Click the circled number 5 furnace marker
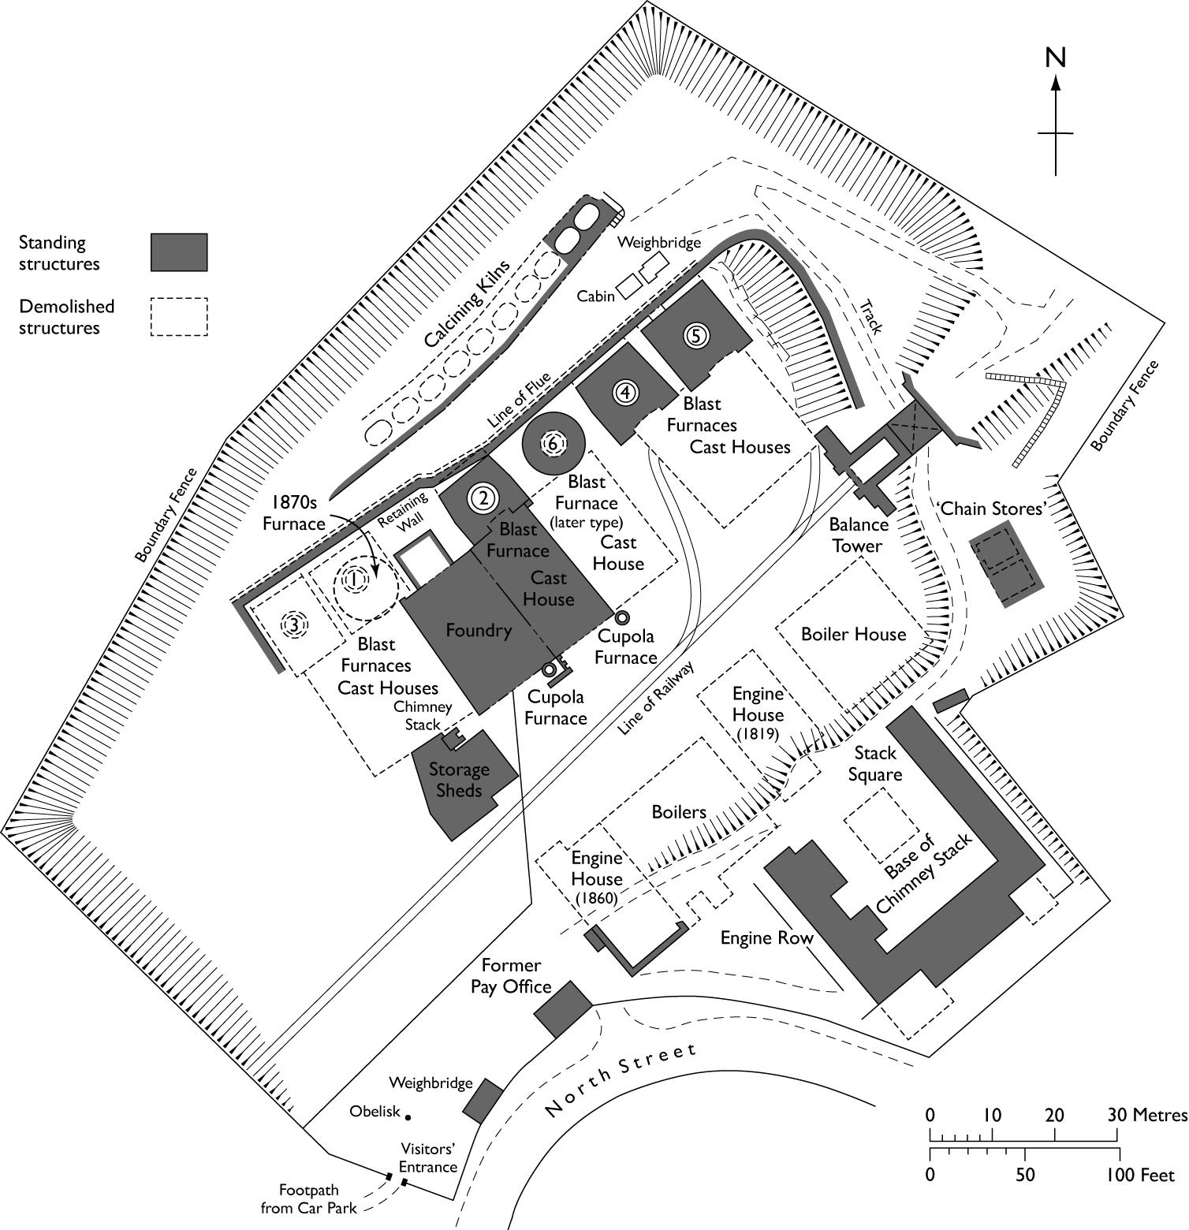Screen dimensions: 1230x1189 pos(695,335)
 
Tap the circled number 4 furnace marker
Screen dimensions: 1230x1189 pos(625,392)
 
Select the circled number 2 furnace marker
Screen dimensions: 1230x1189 pos(483,498)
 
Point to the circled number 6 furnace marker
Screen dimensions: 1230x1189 pos(553,444)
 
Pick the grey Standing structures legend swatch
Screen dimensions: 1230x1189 pos(179,252)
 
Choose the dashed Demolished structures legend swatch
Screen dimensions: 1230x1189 pos(179,317)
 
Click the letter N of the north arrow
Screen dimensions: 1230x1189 pos(1055,58)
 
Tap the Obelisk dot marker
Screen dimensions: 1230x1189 pos(408,1115)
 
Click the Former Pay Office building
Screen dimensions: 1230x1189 pos(562,1009)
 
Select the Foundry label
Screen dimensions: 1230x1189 pos(479,630)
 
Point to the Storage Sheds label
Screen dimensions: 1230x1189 pos(459,779)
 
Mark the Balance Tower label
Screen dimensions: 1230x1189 pos(859,535)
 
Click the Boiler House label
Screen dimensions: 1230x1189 pos(853,634)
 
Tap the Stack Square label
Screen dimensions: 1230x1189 pos(874,763)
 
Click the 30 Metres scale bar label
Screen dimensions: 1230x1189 pos(1147,1115)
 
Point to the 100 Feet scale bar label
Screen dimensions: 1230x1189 pos(1140,1175)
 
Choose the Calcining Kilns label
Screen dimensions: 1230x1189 pos(467,304)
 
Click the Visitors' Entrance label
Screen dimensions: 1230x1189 pos(428,1157)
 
